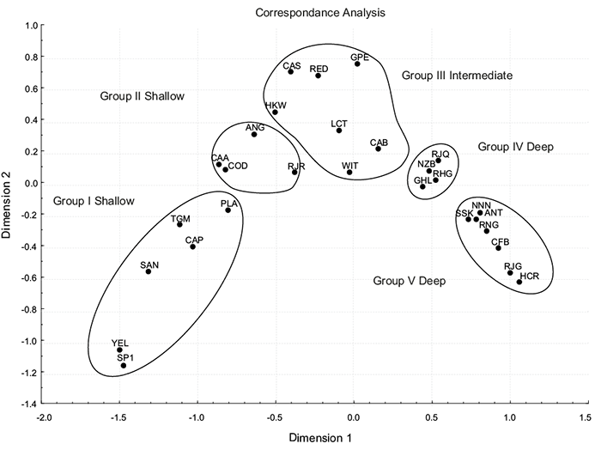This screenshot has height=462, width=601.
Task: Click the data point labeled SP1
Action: coord(124,366)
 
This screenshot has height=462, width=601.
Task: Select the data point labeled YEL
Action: coord(120,350)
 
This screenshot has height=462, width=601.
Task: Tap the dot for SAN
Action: coord(149,271)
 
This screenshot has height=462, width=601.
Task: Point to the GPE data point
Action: coord(357,64)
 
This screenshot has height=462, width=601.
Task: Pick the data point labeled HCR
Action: coord(519,282)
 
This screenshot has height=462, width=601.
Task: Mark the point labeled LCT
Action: coord(339,131)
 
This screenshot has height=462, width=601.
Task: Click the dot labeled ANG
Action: coord(254,134)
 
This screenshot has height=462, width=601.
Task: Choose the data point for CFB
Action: coord(498,248)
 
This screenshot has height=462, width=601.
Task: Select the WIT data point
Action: coord(349,172)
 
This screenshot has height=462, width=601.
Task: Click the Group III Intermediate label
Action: coord(457,76)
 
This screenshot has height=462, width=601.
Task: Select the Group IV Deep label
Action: coord(515,147)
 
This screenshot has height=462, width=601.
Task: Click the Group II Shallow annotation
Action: coord(142,96)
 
